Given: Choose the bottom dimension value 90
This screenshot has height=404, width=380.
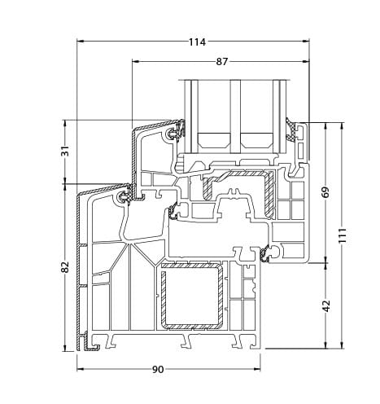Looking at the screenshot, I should pyautogui.click(x=158, y=369).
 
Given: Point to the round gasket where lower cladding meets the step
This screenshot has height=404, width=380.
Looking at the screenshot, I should pyautogui.click(x=124, y=197).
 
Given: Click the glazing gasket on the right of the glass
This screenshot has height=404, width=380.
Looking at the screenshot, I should pyautogui.click(x=294, y=130).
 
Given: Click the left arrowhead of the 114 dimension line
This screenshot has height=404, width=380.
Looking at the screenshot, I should pyautogui.click(x=81, y=42).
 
